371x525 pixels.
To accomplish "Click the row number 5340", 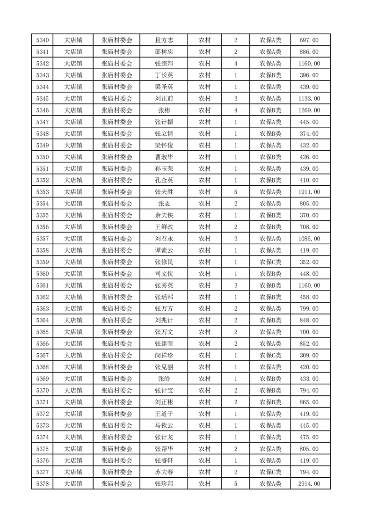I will (42, 40).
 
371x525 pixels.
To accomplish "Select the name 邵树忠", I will (164, 52).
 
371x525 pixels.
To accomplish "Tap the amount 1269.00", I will (309, 110).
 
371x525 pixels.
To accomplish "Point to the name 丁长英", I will (164, 75).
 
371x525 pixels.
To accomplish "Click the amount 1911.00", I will (309, 192).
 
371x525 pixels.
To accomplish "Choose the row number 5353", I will (42, 192).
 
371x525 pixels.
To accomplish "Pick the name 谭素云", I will (164, 250).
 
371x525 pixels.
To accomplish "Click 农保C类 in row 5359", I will (270, 262).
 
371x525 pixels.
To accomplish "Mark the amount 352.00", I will (309, 262).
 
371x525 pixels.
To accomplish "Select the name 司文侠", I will (164, 274).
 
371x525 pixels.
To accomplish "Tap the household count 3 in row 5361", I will (235, 285).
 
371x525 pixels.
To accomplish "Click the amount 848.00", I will (309, 321).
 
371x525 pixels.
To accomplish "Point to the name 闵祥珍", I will (164, 355).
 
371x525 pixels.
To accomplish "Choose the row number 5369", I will (42, 379).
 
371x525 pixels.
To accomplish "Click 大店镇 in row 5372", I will (73, 414).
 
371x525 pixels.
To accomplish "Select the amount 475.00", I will (309, 437).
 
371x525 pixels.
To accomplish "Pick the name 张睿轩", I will (164, 460).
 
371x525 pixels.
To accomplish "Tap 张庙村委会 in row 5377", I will (117, 472).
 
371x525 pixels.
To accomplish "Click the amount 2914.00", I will (309, 484).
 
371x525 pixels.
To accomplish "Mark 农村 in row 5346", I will (204, 110).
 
